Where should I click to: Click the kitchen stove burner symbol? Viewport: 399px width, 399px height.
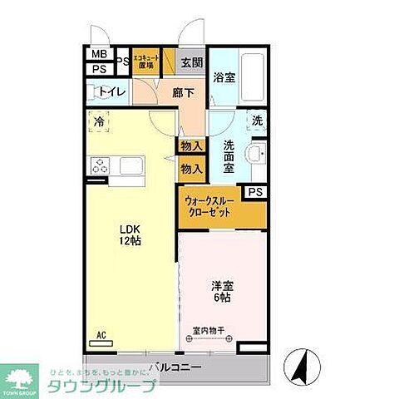[101, 165]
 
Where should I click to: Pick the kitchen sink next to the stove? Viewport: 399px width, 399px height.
[132, 165]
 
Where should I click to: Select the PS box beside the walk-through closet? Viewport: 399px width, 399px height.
[256, 192]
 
